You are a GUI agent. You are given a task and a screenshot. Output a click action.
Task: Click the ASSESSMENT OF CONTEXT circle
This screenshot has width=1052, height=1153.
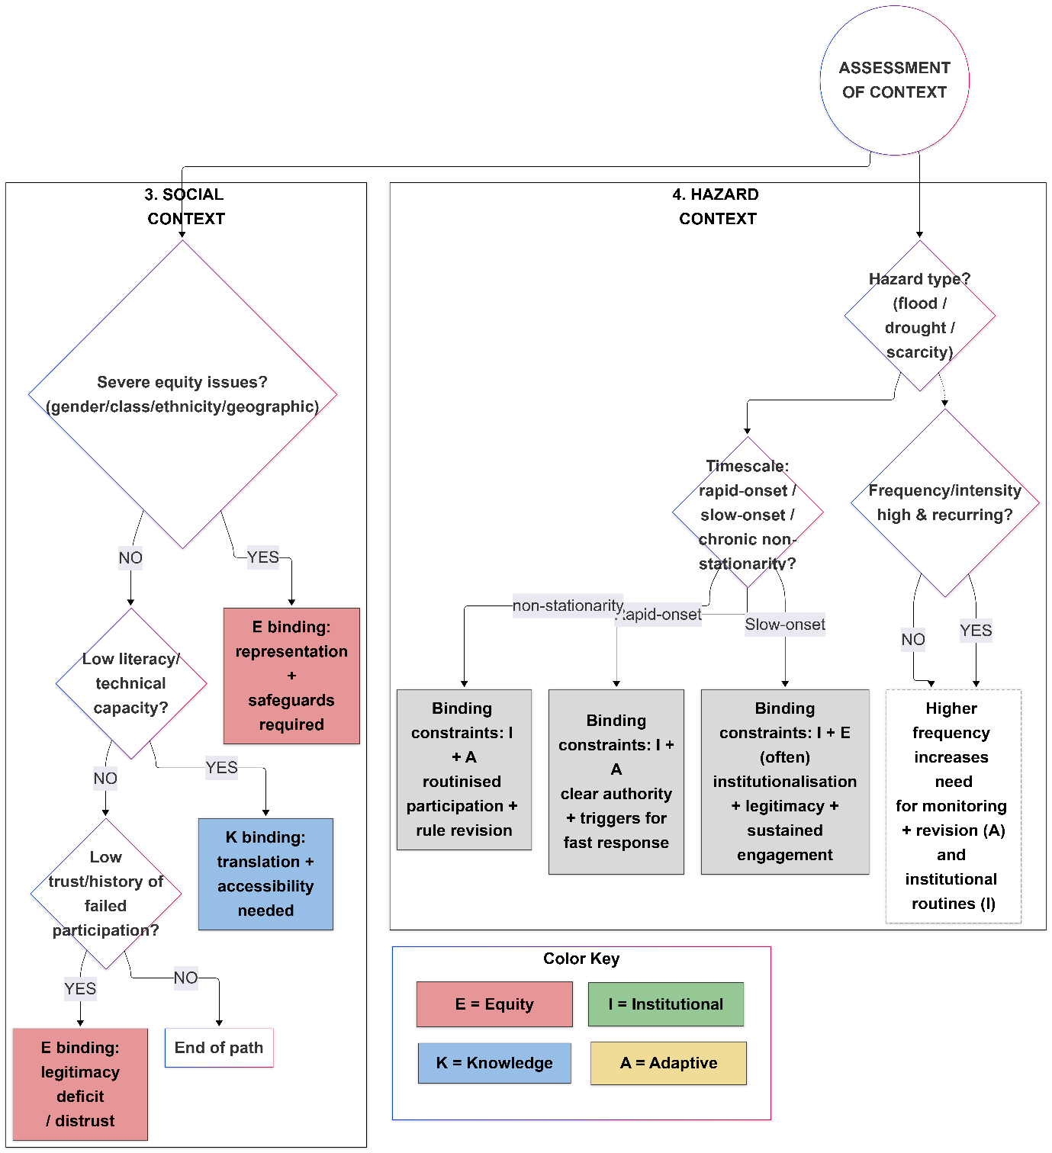coord(894,80)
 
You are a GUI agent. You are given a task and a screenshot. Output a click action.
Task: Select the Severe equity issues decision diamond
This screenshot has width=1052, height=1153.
coord(182,394)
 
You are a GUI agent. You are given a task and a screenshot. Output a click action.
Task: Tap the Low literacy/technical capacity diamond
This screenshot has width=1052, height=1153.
coord(131,683)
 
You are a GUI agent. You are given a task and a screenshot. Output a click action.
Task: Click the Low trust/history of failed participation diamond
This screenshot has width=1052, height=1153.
coord(106,893)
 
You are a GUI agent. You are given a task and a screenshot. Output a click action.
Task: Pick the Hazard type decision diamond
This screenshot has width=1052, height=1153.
coord(919,316)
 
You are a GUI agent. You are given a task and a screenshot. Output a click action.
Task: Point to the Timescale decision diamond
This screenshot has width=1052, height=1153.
coord(748,513)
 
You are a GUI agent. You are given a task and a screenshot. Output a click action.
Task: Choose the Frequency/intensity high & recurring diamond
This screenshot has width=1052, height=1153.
coord(944,503)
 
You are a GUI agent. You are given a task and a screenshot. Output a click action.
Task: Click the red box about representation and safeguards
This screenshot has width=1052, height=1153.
coord(291,676)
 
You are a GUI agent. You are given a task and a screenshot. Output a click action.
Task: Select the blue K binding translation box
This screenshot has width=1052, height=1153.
coord(265,874)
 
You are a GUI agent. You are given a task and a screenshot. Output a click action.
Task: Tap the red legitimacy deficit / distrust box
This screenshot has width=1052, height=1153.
coord(80,1084)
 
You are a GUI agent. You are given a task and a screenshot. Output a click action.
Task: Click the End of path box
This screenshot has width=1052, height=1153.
coord(219,1048)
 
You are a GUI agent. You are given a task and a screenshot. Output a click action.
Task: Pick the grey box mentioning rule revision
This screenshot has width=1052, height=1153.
coord(464,769)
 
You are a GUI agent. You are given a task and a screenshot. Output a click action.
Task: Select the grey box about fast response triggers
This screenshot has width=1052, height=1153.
coord(616,782)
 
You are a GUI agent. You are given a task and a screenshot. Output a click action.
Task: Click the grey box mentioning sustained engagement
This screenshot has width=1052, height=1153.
coord(784,782)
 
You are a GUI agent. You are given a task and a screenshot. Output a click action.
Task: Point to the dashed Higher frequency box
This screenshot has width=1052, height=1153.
coord(952,806)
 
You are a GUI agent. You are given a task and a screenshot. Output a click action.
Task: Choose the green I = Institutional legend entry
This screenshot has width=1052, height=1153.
coord(665,1004)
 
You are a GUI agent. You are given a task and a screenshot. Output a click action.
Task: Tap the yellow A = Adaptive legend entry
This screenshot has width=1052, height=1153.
coord(668,1063)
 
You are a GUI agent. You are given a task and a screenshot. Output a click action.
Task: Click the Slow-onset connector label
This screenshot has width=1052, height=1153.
coord(784,625)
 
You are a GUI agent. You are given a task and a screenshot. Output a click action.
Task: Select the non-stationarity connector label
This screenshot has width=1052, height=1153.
coord(568,605)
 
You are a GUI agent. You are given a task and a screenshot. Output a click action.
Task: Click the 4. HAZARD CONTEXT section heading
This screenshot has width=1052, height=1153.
coord(717,207)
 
